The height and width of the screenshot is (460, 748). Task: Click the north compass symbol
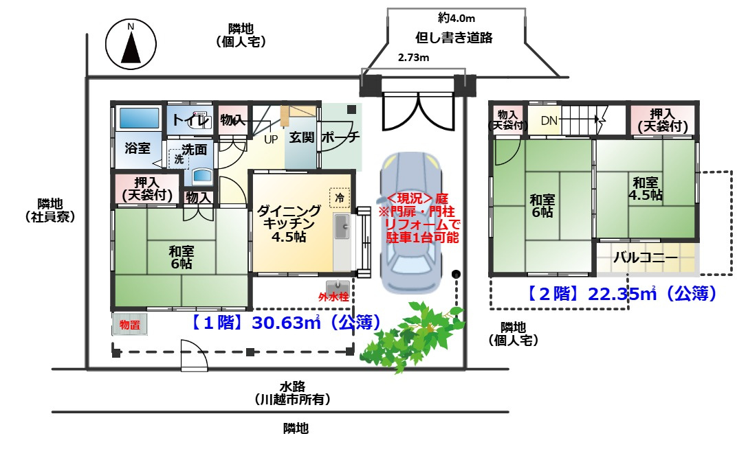tap(131, 44)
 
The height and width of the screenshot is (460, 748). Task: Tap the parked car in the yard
tap(411, 223)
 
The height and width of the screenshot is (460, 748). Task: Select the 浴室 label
tap(137, 148)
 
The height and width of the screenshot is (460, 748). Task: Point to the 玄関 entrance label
tap(302, 137)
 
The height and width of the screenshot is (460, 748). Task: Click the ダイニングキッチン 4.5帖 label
tap(289, 223)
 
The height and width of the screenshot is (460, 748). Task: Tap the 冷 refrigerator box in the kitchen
tap(340, 197)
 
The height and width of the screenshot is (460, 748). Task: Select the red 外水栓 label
tap(333, 297)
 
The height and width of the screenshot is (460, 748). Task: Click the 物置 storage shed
tap(130, 324)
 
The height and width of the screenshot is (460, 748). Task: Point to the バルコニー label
tap(645, 257)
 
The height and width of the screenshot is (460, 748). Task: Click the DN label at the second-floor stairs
tap(549, 120)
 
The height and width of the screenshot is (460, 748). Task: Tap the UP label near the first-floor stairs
tap(271, 139)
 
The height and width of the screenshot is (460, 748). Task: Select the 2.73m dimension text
tap(414, 58)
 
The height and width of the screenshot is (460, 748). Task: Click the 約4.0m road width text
tap(456, 18)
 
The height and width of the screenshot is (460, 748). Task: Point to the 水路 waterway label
tap(292, 387)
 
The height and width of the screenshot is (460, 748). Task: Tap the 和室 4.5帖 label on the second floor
tap(646, 189)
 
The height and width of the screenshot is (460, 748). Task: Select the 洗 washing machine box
tap(179, 159)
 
